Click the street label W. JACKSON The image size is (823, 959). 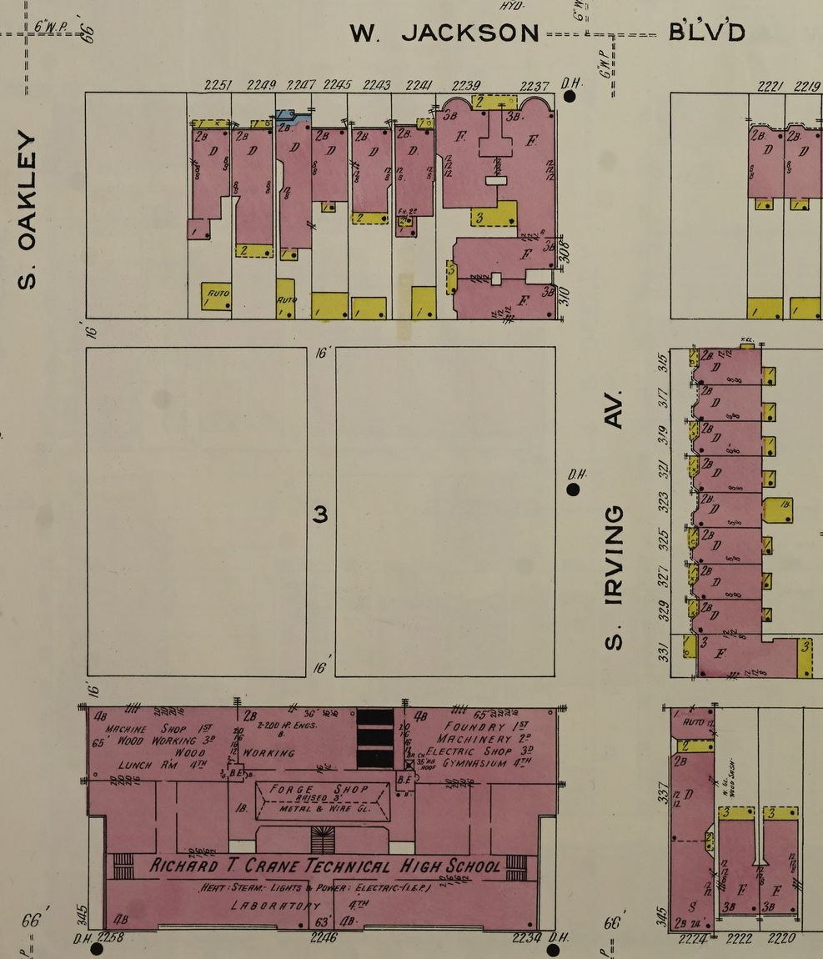pos(444,33)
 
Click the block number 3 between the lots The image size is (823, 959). pos(320,515)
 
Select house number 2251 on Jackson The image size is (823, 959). pos(218,85)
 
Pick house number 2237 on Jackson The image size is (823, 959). pos(534,85)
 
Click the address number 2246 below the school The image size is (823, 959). pos(324,938)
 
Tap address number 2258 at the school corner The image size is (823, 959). pos(111,939)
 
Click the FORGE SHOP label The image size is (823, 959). pos(323,790)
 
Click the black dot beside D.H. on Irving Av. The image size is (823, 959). pos(573,489)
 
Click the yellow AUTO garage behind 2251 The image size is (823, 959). pos(217,296)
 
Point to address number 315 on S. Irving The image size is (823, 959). pos(664,364)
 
